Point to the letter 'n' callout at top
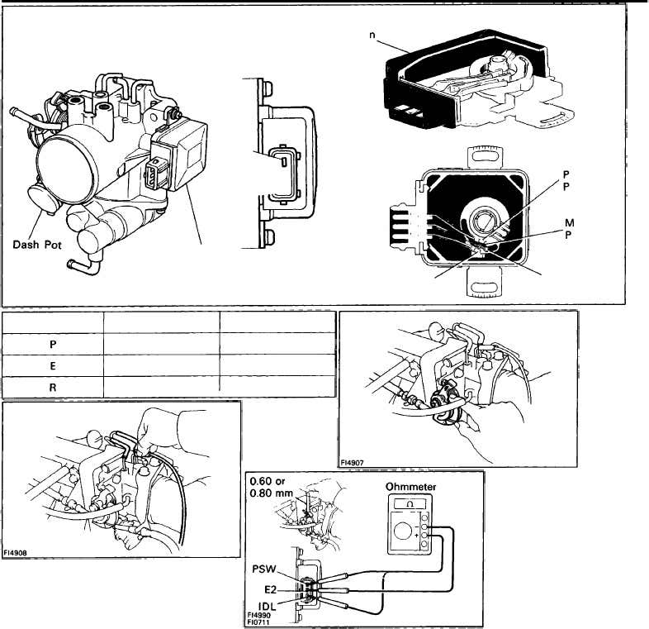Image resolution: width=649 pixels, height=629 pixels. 373,35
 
